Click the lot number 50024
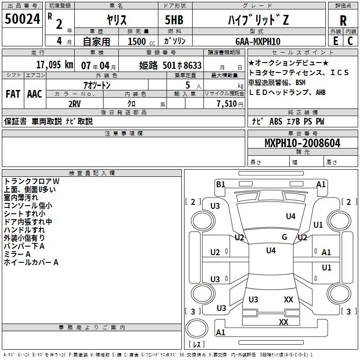22,19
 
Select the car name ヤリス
116,20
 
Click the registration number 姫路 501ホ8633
170,65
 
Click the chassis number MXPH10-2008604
302,143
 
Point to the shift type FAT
13,94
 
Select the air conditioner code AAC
34,94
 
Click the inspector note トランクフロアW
31,181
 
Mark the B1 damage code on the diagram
220,184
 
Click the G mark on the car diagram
284,237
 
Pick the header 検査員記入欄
92,173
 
